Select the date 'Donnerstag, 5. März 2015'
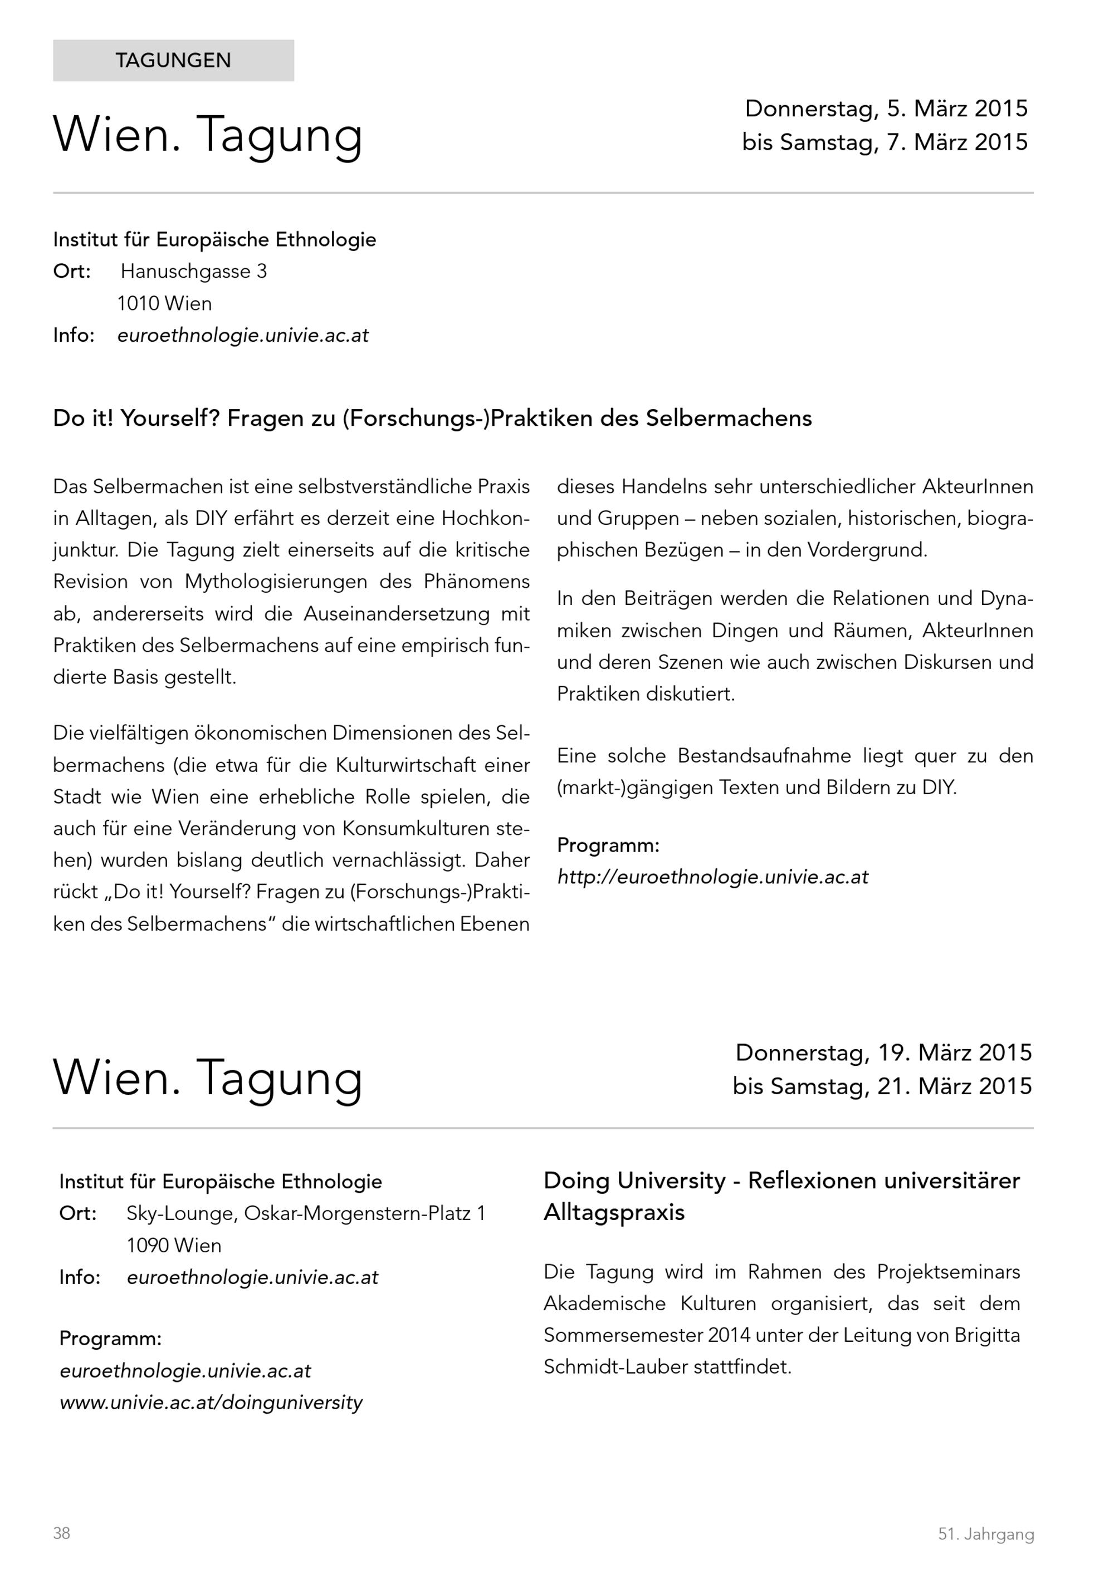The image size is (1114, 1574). (x=886, y=109)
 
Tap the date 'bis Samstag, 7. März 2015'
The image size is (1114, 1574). (x=885, y=142)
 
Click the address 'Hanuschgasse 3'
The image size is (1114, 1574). (x=193, y=272)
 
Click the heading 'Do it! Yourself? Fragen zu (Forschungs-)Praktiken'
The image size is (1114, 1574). (x=432, y=418)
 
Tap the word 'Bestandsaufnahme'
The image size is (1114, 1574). (x=764, y=755)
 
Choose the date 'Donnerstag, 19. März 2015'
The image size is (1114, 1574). (x=883, y=1052)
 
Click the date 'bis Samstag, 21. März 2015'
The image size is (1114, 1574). (x=882, y=1086)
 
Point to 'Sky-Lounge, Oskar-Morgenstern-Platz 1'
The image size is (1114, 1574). (x=306, y=1213)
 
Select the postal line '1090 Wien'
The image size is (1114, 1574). (x=174, y=1245)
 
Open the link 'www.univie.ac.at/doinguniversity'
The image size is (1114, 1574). (x=211, y=1403)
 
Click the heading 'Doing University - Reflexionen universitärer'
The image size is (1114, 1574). (x=781, y=1180)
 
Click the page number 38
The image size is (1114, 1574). (x=62, y=1533)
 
